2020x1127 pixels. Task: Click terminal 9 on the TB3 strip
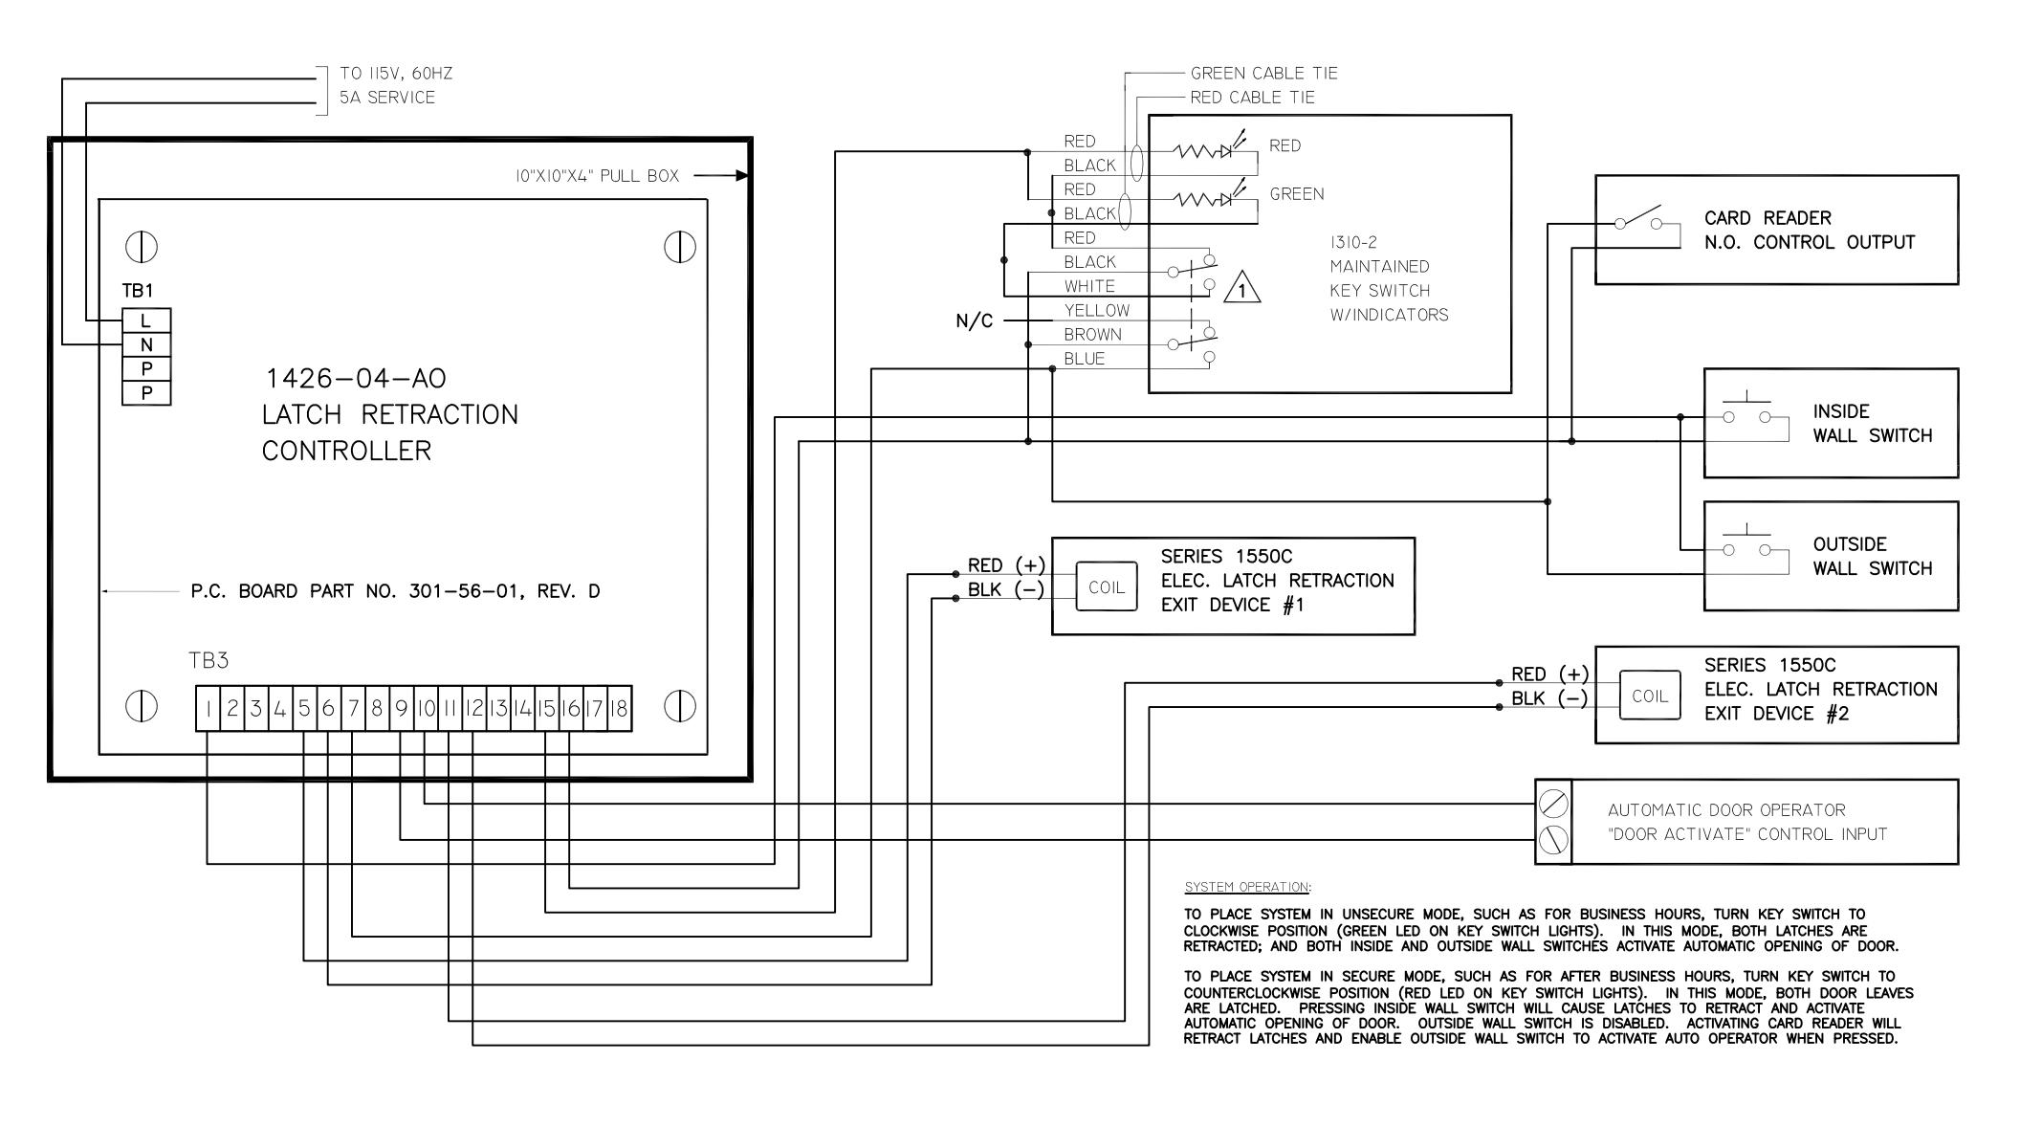(x=402, y=709)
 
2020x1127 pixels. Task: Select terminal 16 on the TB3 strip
(x=571, y=709)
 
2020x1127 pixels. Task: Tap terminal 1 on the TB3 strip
(x=208, y=709)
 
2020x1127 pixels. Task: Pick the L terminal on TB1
(x=146, y=320)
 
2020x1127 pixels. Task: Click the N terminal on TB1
(x=146, y=344)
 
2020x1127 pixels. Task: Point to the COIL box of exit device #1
(x=1107, y=587)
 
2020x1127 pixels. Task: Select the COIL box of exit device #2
(x=1650, y=696)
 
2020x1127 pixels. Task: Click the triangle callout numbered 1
(x=1241, y=287)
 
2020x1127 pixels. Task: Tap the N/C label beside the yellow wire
(x=975, y=321)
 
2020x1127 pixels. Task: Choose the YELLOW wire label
(x=1096, y=311)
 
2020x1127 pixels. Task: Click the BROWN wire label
(x=1092, y=335)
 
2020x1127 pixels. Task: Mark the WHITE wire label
(x=1089, y=286)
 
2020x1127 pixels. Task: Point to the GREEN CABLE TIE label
(x=1264, y=74)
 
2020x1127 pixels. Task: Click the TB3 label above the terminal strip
(x=209, y=661)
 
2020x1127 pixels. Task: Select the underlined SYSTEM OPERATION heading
(x=1247, y=887)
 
